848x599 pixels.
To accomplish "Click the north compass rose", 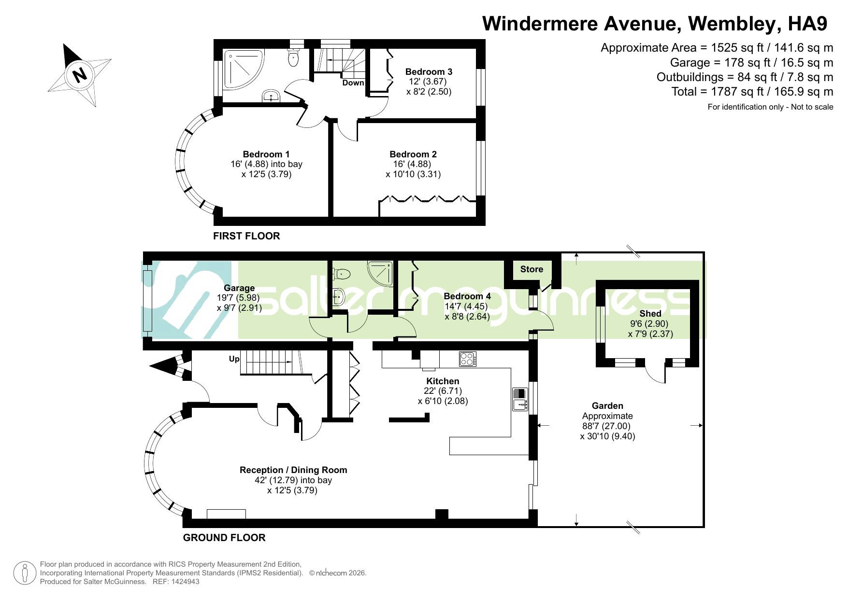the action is pyautogui.click(x=80, y=75).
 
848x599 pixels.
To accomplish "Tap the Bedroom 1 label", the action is pyautogui.click(x=266, y=154).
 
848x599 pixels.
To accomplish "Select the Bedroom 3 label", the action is pyautogui.click(x=429, y=72).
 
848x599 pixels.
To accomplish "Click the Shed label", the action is pyautogui.click(x=650, y=314).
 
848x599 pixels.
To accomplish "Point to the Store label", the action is pyautogui.click(x=532, y=269).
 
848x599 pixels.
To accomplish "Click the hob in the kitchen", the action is pyautogui.click(x=468, y=359).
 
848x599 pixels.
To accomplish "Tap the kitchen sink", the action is pyautogui.click(x=520, y=399).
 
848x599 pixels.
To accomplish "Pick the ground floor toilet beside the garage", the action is pyautogui.click(x=341, y=274).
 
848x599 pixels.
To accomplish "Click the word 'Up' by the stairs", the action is pyautogui.click(x=234, y=359).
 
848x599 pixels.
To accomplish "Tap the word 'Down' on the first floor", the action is pyautogui.click(x=353, y=83).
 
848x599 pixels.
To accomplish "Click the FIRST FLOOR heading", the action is pyautogui.click(x=246, y=236).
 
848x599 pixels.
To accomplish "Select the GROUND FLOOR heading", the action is pyautogui.click(x=224, y=538).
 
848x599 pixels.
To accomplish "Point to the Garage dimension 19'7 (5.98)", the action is pyautogui.click(x=239, y=298).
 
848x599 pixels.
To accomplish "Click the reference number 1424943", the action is pyautogui.click(x=183, y=582).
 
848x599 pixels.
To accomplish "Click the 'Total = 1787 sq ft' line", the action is pyautogui.click(x=752, y=92).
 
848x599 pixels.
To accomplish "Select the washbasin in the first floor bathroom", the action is pyautogui.click(x=273, y=96).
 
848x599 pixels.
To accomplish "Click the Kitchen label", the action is pyautogui.click(x=443, y=381).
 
